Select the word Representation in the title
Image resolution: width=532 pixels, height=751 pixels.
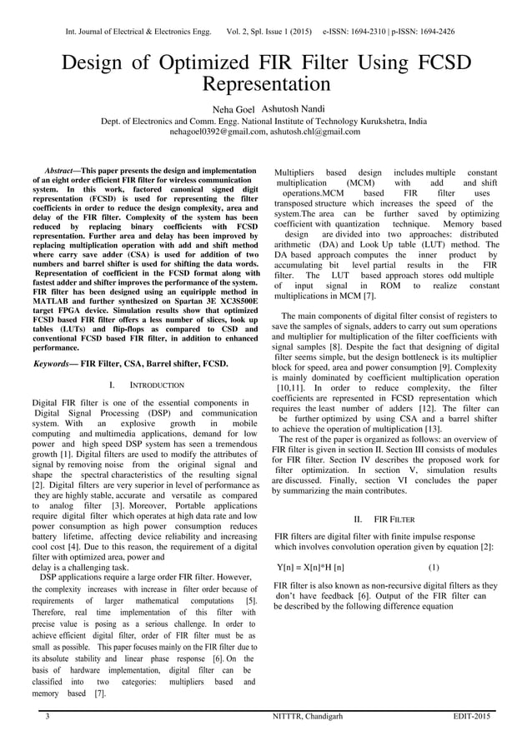pyautogui.click(x=266, y=85)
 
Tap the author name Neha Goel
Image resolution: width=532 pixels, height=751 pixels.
pyautogui.click(x=234, y=110)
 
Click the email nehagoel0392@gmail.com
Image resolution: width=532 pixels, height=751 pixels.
pyautogui.click(x=218, y=132)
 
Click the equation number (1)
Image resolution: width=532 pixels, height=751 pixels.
pyautogui.click(x=434, y=567)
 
